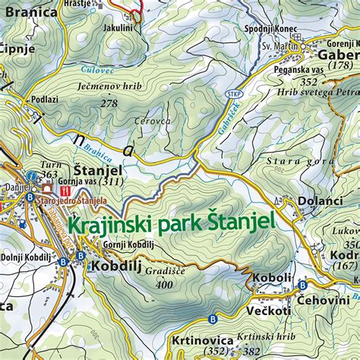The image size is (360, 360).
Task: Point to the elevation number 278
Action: pyautogui.click(x=109, y=103)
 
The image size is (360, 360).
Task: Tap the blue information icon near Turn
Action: pyautogui.click(x=31, y=175)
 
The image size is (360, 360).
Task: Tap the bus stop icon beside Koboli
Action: pyautogui.click(x=302, y=285)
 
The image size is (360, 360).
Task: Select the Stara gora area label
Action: pyautogui.click(x=295, y=161)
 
